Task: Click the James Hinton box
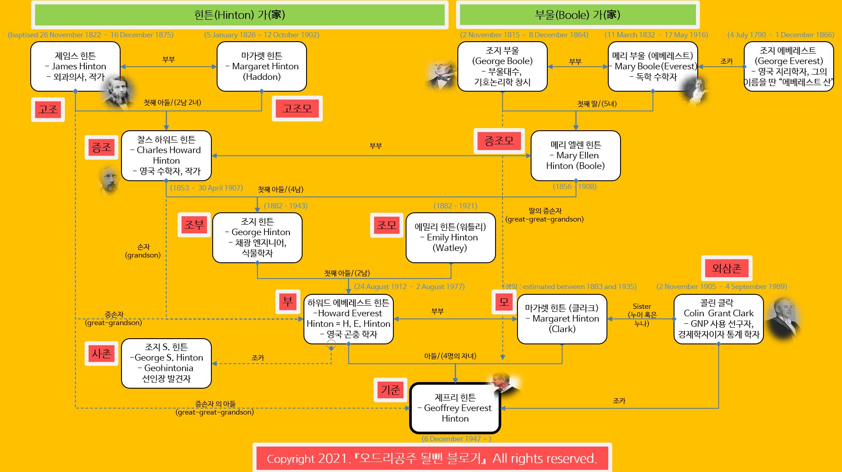(75, 66)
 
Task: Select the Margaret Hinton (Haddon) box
(261, 66)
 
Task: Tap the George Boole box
(502, 66)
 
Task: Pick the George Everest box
(788, 66)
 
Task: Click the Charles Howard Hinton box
(166, 155)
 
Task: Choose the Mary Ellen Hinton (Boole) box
(575, 155)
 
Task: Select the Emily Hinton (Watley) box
(450, 237)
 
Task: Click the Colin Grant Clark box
(718, 318)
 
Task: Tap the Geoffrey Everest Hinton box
(455, 408)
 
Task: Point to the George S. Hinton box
(166, 363)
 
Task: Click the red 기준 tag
(390, 390)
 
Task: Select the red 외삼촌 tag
(727, 268)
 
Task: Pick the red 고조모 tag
(297, 108)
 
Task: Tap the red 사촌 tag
(102, 353)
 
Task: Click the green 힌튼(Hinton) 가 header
(239, 15)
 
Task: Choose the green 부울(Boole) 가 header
(578, 15)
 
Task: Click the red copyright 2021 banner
(432, 458)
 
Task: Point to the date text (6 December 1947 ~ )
(456, 439)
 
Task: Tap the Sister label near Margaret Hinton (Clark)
(642, 307)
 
